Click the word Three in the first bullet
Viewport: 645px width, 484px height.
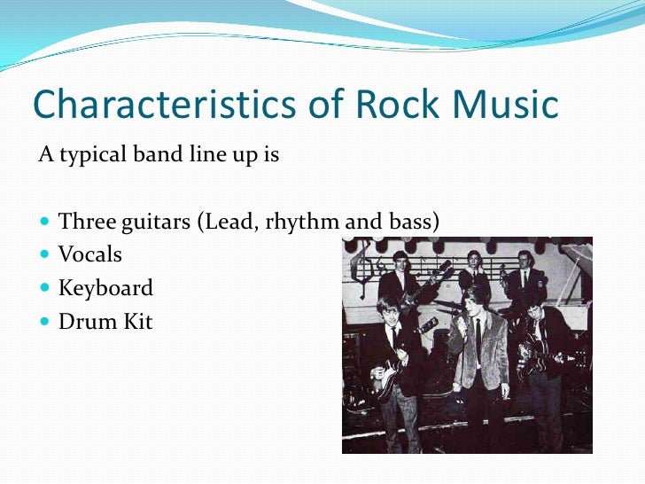(84, 222)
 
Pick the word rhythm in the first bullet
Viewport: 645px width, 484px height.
(301, 222)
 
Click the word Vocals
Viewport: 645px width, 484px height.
(89, 255)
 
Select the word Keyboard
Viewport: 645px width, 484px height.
(105, 288)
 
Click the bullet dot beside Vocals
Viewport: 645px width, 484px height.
(46, 255)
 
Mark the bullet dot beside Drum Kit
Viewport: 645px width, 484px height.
(46, 322)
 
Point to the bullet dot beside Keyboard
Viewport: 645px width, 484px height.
(46, 289)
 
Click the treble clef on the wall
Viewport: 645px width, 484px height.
(362, 267)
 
